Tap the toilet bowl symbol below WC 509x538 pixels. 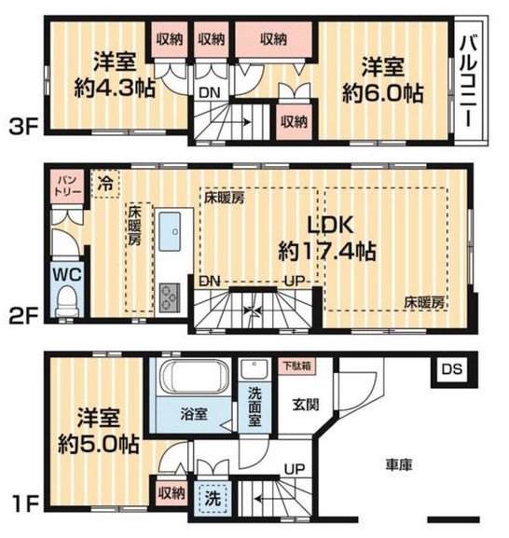click(x=66, y=302)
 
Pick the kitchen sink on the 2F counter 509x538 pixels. click(x=172, y=234)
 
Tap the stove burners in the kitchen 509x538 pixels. click(x=172, y=297)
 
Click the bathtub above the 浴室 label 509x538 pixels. click(x=193, y=380)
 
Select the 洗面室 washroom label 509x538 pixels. click(x=254, y=407)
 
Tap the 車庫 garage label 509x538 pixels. click(x=402, y=462)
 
